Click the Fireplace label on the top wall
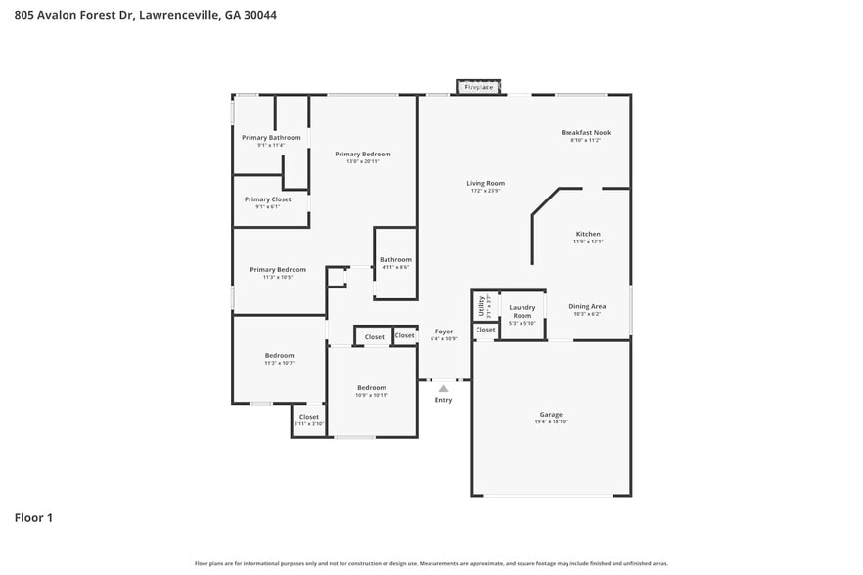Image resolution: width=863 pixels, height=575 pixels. click(x=478, y=87)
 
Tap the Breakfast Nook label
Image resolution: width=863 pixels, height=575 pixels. click(x=585, y=132)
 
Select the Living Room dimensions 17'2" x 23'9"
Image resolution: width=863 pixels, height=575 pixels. click(x=484, y=191)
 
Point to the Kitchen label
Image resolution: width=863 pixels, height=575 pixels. click(x=588, y=234)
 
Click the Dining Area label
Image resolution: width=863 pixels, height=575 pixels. click(x=587, y=306)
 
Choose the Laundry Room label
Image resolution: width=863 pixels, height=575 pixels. click(x=522, y=311)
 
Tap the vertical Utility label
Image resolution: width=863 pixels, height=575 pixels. click(x=481, y=305)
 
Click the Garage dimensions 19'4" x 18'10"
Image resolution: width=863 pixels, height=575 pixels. click(x=551, y=421)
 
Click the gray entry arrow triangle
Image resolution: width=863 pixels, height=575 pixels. click(x=443, y=388)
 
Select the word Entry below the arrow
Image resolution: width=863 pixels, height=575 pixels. click(x=443, y=400)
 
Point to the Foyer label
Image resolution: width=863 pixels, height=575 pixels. click(x=444, y=332)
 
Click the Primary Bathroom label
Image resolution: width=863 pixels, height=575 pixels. click(x=271, y=138)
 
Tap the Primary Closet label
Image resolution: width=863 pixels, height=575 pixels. click(x=268, y=199)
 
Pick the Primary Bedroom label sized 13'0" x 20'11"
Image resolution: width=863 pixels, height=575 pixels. click(x=363, y=154)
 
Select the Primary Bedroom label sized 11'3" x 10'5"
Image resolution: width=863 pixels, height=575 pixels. click(x=278, y=269)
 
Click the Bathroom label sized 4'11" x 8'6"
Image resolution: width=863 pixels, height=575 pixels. click(x=395, y=259)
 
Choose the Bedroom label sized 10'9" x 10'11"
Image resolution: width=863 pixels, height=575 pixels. click(x=372, y=387)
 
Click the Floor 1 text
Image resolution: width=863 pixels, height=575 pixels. click(x=33, y=517)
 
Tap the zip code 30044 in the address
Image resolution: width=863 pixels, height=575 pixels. click(x=257, y=15)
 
